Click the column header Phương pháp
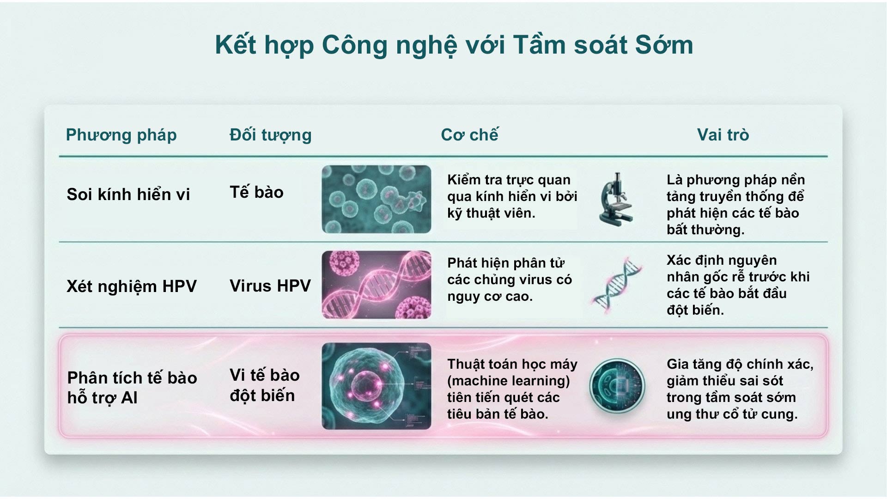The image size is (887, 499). (x=121, y=135)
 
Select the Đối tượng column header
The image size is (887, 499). (x=270, y=135)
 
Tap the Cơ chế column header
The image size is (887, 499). (x=469, y=135)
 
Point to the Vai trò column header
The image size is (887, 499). (x=723, y=135)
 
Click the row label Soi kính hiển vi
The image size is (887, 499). (x=128, y=195)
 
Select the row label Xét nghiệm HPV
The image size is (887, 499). (x=132, y=286)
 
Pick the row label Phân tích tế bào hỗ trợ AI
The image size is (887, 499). (x=132, y=388)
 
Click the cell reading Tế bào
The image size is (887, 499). (x=256, y=192)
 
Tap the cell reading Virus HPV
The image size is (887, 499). (x=270, y=286)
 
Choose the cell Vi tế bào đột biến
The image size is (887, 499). (x=264, y=385)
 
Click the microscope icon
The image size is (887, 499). (x=616, y=199)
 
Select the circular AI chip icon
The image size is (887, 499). (x=617, y=386)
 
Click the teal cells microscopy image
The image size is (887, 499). (x=376, y=199)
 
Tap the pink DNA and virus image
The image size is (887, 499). (x=376, y=285)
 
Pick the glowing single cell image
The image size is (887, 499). (x=376, y=386)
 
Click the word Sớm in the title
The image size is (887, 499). (x=664, y=45)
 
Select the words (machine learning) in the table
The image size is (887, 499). (x=508, y=381)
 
